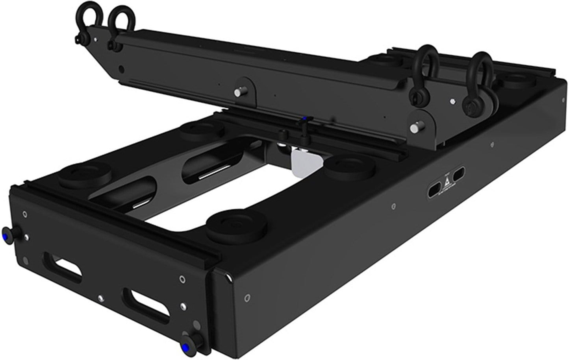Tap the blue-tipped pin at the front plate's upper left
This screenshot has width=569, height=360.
point(7,232)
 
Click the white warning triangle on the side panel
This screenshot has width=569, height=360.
point(445,182)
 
